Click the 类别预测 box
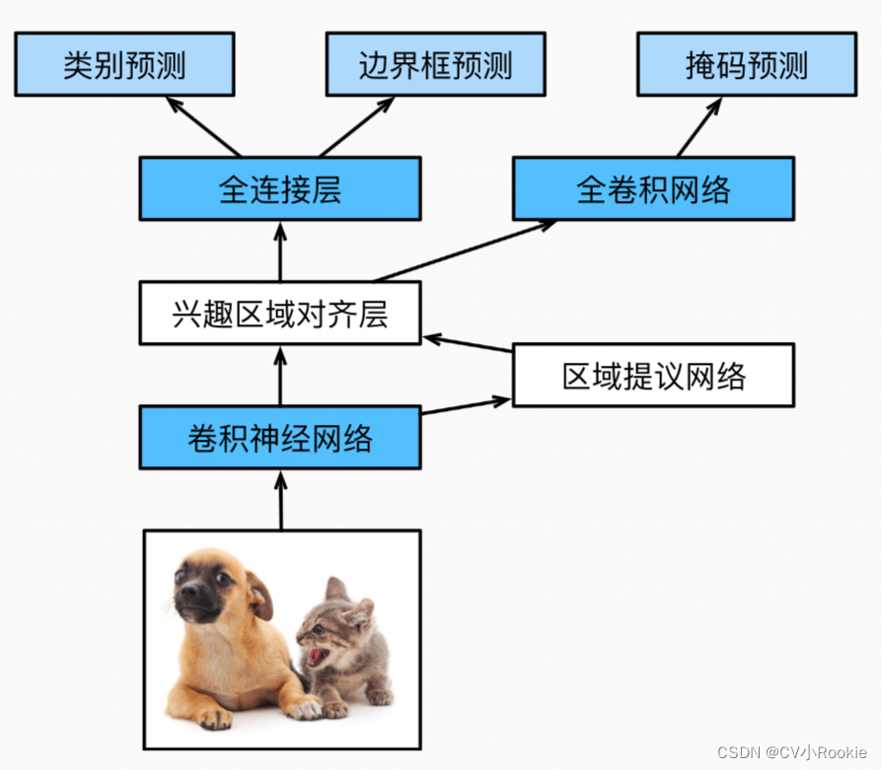click(x=124, y=64)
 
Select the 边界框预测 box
click(x=435, y=64)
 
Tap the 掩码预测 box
click(x=747, y=64)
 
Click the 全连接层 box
click(x=280, y=188)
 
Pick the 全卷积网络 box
click(x=653, y=188)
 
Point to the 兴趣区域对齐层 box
click(x=280, y=314)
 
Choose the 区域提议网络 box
click(x=653, y=376)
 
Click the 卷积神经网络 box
click(x=280, y=438)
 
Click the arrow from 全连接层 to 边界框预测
click(x=357, y=127)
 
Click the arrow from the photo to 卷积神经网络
click(x=280, y=500)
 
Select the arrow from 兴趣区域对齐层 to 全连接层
click(x=280, y=250)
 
